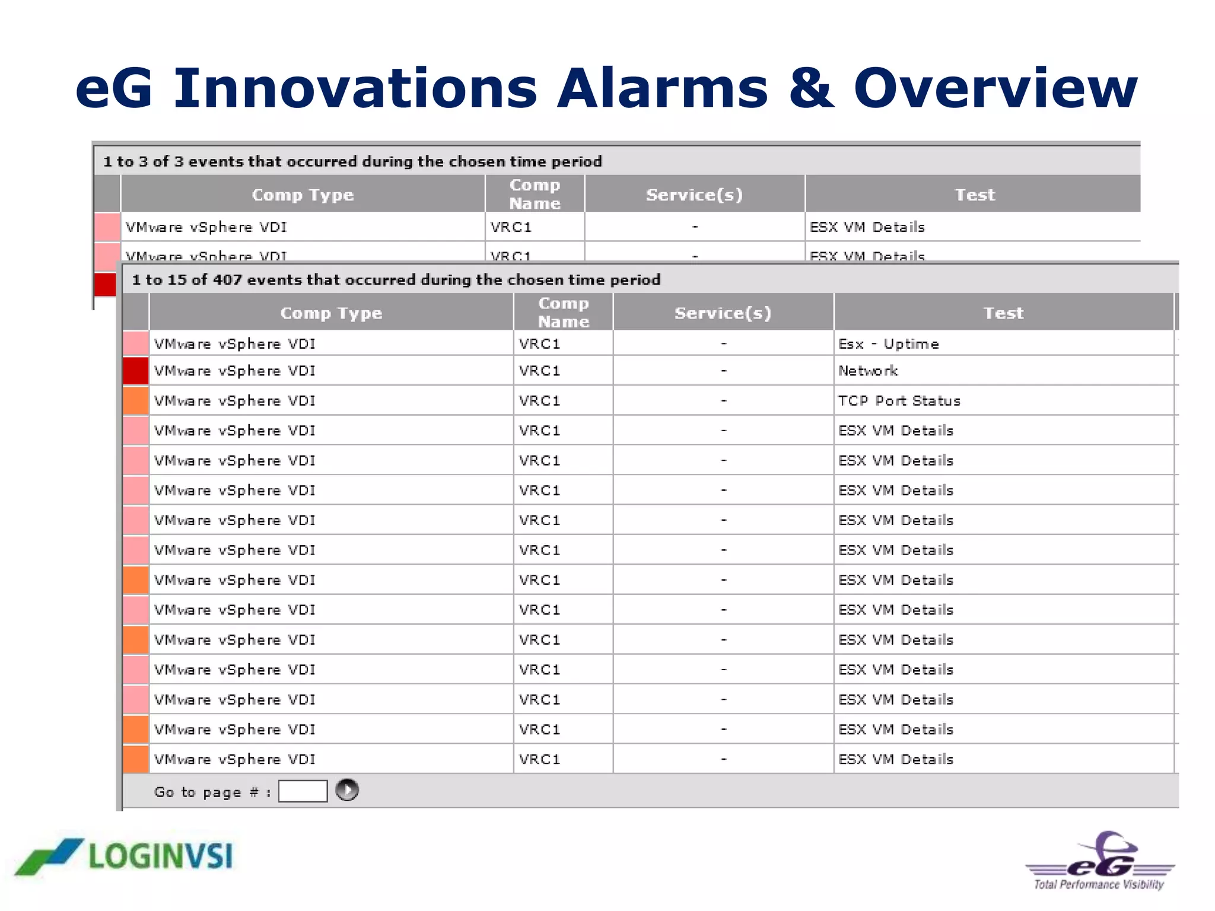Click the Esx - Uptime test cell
[888, 344]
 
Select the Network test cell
[867, 371]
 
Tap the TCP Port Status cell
[899, 401]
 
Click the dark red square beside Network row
[135, 371]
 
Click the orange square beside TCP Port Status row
[135, 401]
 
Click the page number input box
[303, 791]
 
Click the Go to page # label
[212, 792]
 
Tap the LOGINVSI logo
[125, 856]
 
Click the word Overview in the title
[995, 89]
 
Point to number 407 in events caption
[227, 280]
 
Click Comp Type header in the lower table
[331, 313]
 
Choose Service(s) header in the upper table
[694, 195]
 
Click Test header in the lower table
[1003, 313]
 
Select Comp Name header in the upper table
[535, 194]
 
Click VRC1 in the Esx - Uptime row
[539, 344]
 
